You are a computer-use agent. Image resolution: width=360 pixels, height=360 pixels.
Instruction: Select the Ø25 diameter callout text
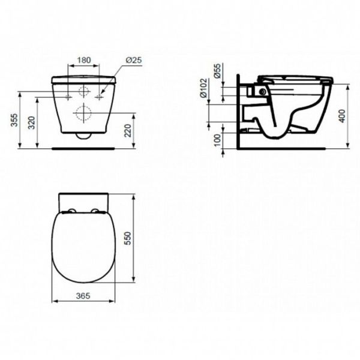133,60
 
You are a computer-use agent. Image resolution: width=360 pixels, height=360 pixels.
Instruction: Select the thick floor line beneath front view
84,147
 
